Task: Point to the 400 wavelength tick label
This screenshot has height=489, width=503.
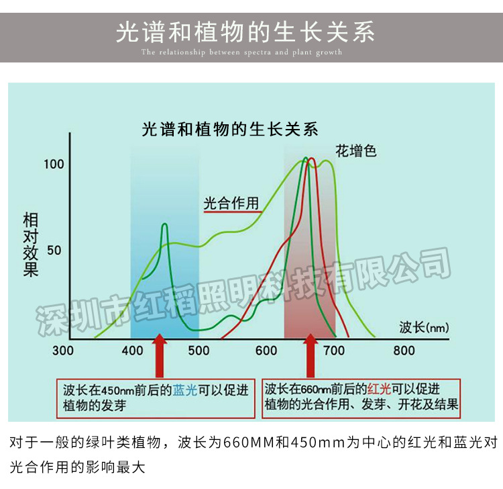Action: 132,351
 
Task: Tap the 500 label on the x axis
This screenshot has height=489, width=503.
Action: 199,351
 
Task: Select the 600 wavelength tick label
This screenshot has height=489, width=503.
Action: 266,351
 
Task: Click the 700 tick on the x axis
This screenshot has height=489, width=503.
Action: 333,351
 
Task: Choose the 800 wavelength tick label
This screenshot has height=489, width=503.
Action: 404,351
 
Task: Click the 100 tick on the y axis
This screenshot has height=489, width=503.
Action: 54,165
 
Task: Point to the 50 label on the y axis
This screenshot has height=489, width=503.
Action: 54,250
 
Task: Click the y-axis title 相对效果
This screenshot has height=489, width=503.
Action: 31,244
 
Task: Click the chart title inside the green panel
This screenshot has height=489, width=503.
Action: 230,129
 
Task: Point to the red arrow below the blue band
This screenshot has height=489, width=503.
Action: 159,356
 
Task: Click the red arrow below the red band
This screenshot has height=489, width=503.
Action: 310,356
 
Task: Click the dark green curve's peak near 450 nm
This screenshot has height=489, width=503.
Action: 164,226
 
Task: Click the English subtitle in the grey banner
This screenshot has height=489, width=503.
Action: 241,52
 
